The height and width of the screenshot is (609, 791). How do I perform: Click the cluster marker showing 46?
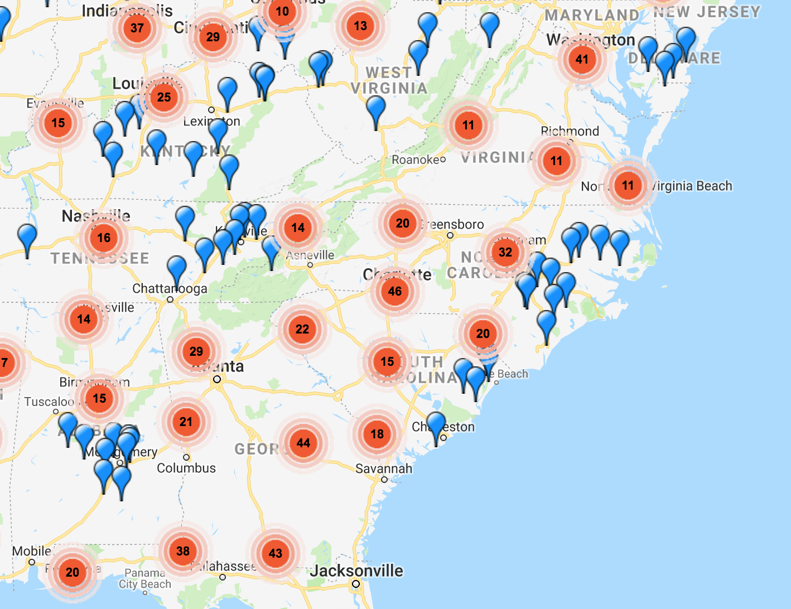click(395, 291)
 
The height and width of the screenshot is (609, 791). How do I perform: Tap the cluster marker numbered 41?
click(582, 59)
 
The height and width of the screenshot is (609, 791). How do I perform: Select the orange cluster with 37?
click(137, 28)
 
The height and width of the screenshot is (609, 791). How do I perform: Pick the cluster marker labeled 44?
click(303, 443)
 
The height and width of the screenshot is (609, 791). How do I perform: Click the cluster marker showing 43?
click(276, 553)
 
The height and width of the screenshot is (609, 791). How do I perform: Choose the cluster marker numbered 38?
click(183, 551)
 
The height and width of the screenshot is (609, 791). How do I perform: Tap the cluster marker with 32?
click(505, 252)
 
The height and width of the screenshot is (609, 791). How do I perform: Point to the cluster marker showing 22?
click(302, 329)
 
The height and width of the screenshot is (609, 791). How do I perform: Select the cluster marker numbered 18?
click(377, 434)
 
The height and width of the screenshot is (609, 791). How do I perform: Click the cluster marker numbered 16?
click(104, 238)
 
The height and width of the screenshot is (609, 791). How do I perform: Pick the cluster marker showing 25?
click(164, 97)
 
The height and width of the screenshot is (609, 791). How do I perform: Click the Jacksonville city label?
click(357, 571)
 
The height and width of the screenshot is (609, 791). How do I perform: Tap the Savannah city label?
click(384, 468)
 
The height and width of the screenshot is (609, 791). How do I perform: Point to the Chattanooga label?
click(170, 289)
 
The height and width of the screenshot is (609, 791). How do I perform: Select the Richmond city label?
click(570, 131)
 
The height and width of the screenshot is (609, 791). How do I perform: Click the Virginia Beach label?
click(692, 186)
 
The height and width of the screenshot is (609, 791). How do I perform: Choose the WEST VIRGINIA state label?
click(389, 80)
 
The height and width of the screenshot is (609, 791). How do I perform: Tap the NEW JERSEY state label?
click(707, 12)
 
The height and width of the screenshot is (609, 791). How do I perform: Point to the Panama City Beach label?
click(145, 578)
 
